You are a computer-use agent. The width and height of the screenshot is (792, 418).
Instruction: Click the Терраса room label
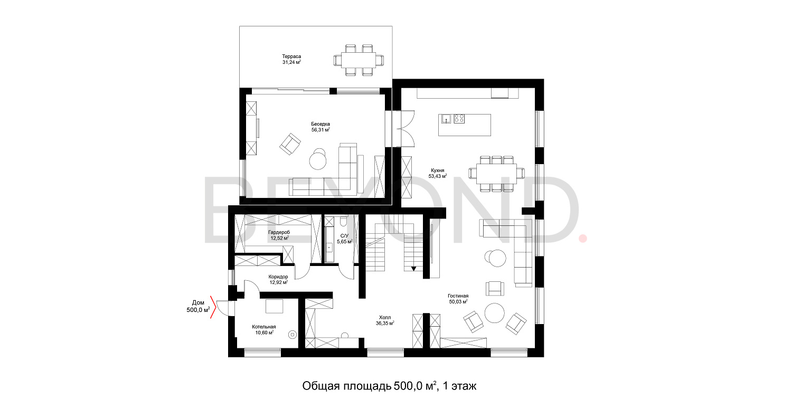[x=291, y=59]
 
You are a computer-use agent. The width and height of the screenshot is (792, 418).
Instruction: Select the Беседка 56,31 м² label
[x=320, y=127]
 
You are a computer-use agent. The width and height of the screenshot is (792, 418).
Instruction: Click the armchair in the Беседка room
[x=290, y=144]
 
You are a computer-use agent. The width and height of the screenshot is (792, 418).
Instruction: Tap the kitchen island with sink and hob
[x=464, y=125]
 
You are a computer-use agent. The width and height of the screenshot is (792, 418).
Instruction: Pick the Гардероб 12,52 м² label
[x=279, y=235]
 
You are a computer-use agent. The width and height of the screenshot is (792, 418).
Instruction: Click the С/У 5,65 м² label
[x=344, y=239]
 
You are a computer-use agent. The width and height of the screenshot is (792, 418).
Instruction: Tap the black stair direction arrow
[x=414, y=269]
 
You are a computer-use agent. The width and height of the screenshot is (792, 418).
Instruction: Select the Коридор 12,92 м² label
[x=278, y=279]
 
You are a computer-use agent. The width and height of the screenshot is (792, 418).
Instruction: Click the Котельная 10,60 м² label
[x=263, y=329]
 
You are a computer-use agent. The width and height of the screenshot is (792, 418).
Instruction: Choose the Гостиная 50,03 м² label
[x=458, y=299]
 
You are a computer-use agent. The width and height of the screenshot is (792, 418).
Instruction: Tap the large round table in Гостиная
[x=495, y=312]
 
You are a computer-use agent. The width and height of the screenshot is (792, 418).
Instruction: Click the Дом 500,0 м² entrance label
[x=198, y=307]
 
